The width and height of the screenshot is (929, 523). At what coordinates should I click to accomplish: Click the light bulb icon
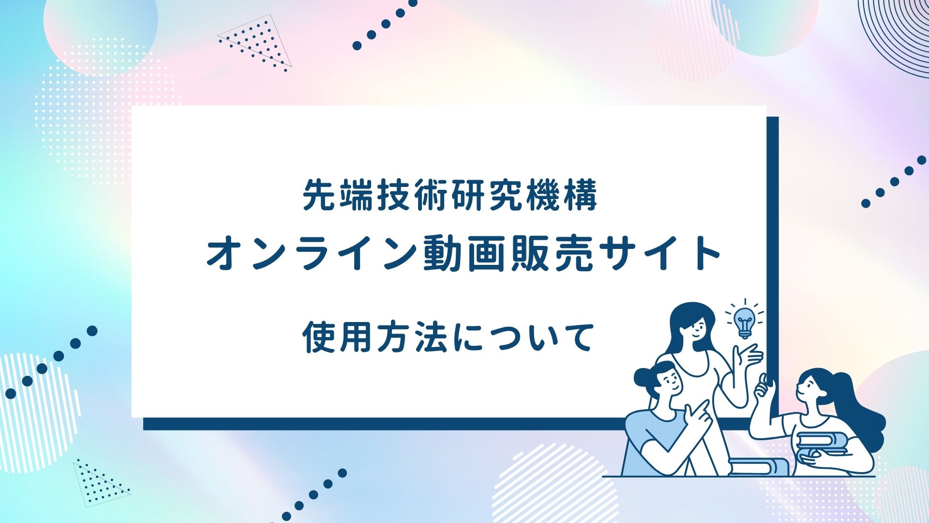[744, 320]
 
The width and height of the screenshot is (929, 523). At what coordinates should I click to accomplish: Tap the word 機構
[561, 195]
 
